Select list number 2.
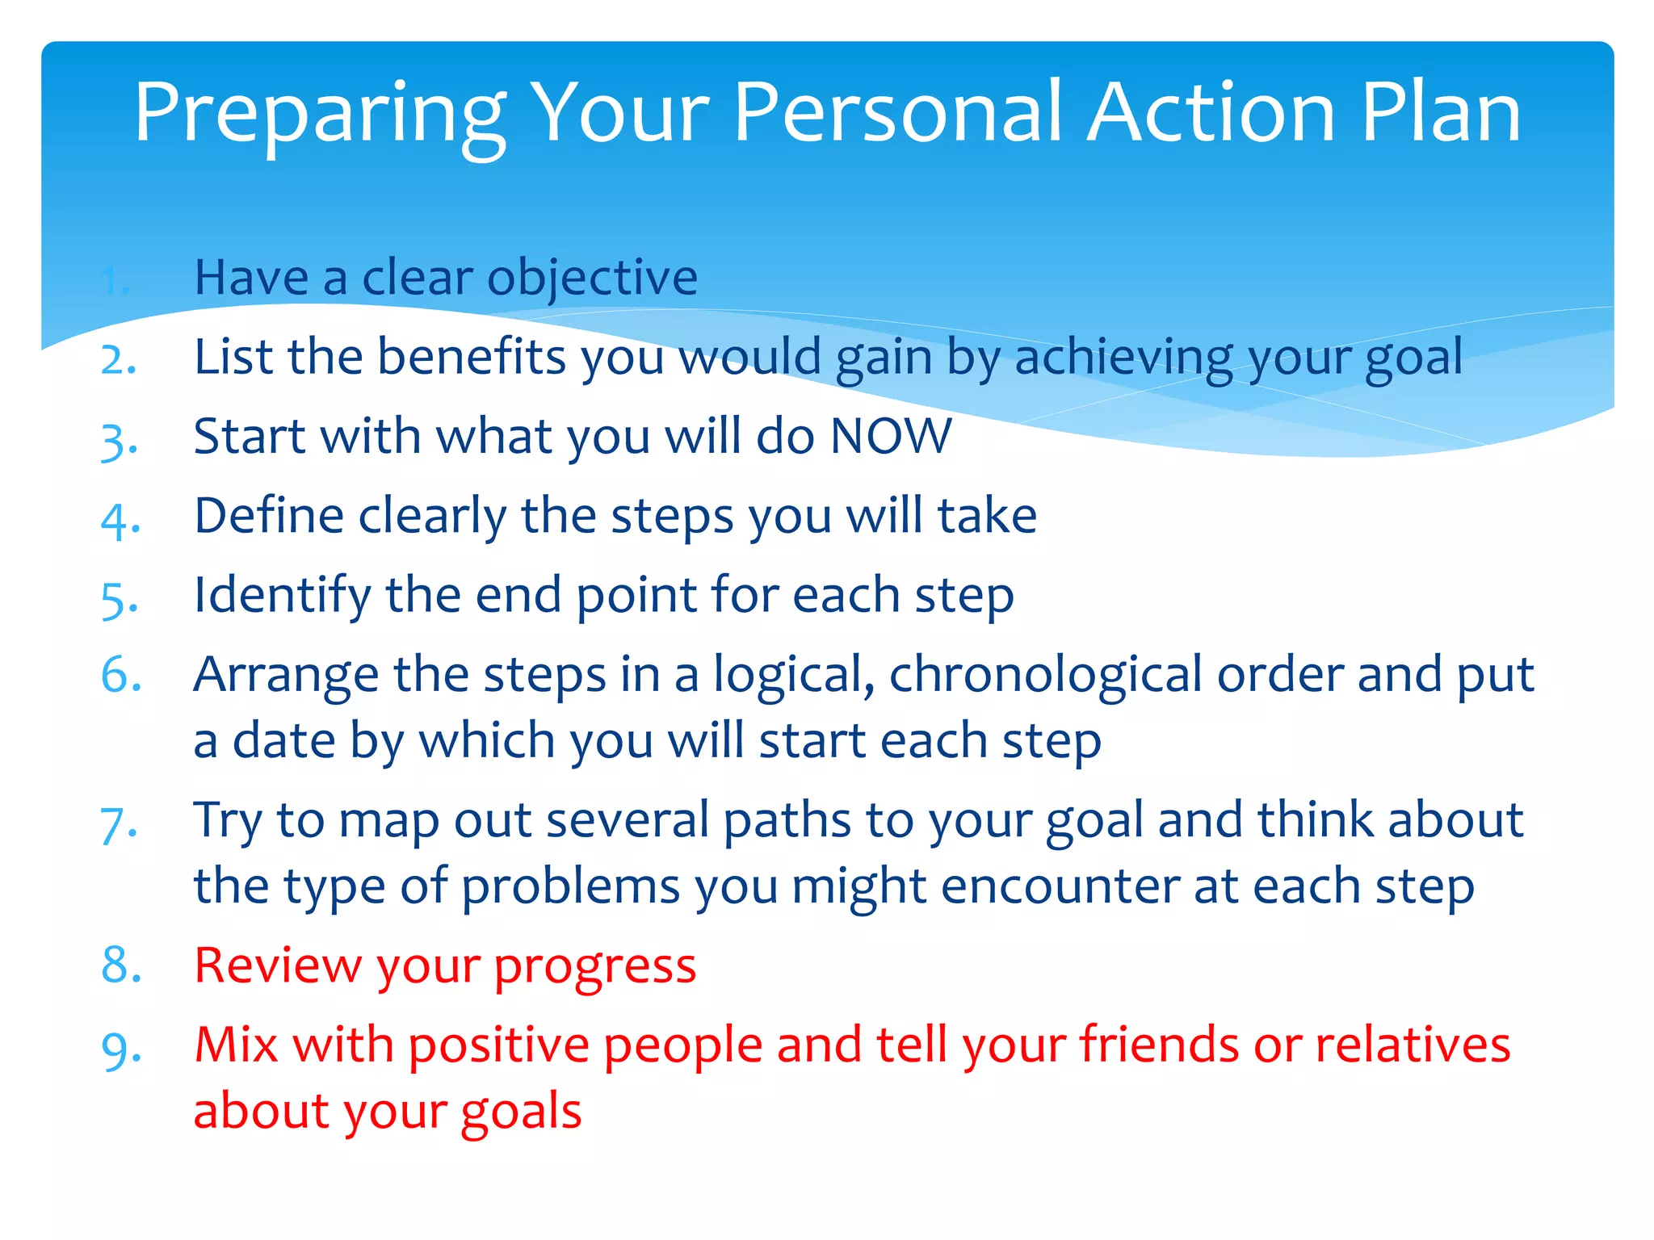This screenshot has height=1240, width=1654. tap(119, 359)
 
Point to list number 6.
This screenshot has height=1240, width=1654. tap(121, 675)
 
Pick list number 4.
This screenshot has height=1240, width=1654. tap(120, 520)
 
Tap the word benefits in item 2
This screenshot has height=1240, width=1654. tap(472, 357)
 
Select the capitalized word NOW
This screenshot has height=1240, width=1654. tap(891, 437)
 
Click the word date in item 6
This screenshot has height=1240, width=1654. tap(283, 741)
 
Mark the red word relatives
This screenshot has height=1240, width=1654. tap(1413, 1045)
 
